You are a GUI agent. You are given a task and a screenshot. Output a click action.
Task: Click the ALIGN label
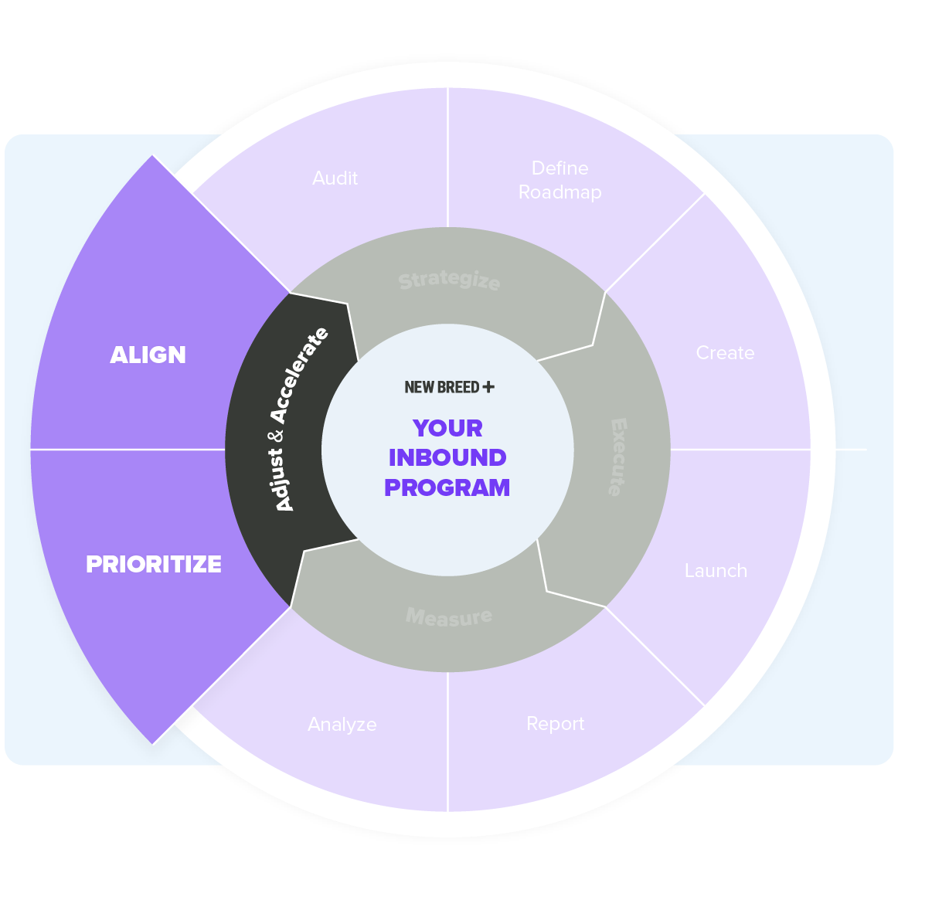(148, 355)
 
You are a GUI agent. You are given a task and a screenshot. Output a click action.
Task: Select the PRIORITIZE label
(153, 564)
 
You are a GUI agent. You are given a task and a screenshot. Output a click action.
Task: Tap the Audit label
(335, 178)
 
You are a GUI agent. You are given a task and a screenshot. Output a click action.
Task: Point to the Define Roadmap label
(560, 180)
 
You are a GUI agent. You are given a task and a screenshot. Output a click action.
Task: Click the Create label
(725, 353)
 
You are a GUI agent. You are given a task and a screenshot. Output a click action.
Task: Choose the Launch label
(716, 571)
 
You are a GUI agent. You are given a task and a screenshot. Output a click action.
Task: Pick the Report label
(555, 724)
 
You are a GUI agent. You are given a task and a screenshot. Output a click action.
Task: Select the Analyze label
(342, 725)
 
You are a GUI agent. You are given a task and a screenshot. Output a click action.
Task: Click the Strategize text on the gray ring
(449, 280)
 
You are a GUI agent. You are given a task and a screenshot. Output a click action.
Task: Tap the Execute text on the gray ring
(618, 457)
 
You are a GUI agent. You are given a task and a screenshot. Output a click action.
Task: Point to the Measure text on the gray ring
(449, 616)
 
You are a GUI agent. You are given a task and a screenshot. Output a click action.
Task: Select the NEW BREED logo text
(442, 387)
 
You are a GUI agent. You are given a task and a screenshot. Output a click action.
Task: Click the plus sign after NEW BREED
(488, 387)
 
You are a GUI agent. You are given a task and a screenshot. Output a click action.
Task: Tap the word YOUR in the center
(447, 428)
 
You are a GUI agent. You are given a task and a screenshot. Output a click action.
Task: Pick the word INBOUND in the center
(447, 457)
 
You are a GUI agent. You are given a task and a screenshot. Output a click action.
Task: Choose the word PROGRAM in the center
(447, 487)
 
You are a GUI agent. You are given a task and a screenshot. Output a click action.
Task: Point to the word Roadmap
(560, 192)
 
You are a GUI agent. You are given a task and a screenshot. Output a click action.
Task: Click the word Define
(560, 168)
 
